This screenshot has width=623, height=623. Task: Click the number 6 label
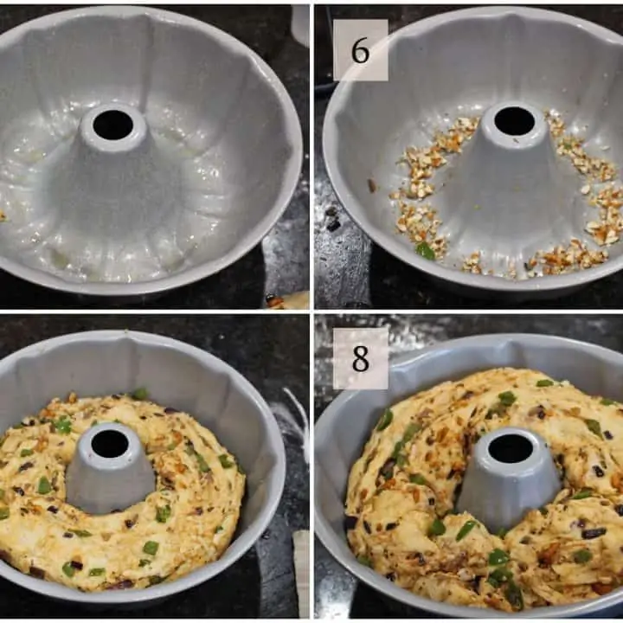point(360,50)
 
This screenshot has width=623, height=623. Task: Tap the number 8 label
point(360,358)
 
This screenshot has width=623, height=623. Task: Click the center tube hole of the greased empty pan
point(112,125)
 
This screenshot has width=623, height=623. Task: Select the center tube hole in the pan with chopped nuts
point(515,120)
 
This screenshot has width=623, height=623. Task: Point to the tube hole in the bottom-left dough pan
point(110,443)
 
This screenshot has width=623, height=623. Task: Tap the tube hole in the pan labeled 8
point(511,448)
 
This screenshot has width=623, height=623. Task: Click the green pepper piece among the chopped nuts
point(425,251)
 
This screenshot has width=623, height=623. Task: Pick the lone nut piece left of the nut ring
point(372,185)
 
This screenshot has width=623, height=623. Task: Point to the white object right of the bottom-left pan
point(301,572)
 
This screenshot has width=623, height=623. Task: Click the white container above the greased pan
point(300,24)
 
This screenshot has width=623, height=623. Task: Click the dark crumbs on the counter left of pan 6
point(332,219)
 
